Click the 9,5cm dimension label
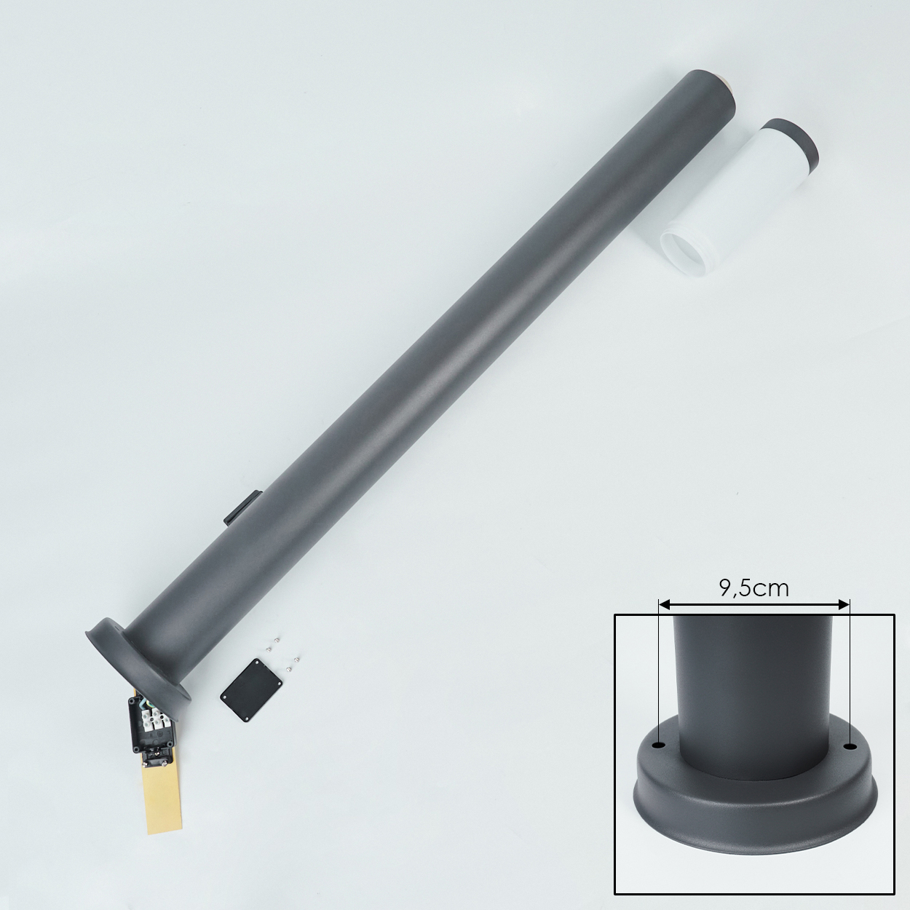[753, 589]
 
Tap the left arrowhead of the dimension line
[665, 604]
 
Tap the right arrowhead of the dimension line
[843, 604]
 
